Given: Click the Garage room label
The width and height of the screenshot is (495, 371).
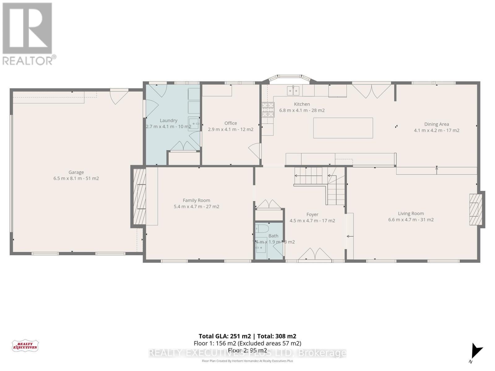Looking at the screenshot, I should [76, 172].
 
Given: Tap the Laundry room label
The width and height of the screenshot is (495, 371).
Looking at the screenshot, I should [168, 120].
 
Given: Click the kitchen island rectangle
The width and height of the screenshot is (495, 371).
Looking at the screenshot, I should [343, 128].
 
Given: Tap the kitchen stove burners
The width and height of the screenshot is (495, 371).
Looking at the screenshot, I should [268, 110].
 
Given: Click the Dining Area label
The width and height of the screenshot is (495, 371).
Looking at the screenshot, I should [436, 124].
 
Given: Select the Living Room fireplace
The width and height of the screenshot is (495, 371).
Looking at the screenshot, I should [476, 209].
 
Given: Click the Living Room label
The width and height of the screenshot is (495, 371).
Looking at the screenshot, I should [411, 213].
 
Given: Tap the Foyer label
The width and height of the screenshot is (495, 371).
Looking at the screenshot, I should [312, 214].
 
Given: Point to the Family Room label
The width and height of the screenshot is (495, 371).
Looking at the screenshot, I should [196, 200].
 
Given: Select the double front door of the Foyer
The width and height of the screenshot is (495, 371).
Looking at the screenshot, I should [315, 254].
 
